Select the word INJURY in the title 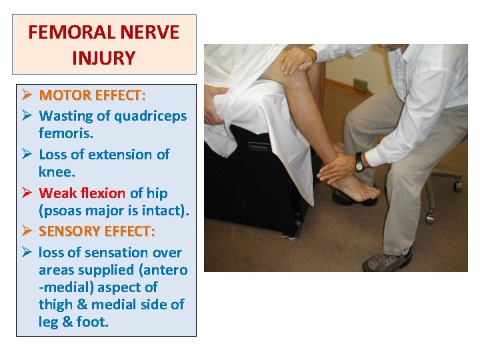click(103, 58)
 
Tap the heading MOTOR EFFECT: click(92, 95)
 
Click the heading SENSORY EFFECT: click(97, 231)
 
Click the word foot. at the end click(93, 322)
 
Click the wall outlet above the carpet click(361, 85)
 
